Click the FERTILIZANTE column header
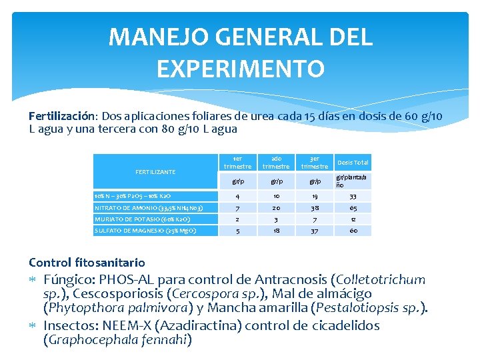click(x=155, y=172)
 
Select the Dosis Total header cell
click(x=353, y=163)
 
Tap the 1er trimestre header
click(x=237, y=163)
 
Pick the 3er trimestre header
click(x=314, y=163)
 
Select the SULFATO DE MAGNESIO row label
click(x=145, y=231)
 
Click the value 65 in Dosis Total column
click(x=353, y=208)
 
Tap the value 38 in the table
click(x=314, y=208)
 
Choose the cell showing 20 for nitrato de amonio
click(x=276, y=208)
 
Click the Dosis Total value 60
click(x=353, y=231)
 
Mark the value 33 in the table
click(x=353, y=197)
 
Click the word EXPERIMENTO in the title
click(x=241, y=68)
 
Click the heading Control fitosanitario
click(x=87, y=263)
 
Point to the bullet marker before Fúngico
click(x=33, y=279)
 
